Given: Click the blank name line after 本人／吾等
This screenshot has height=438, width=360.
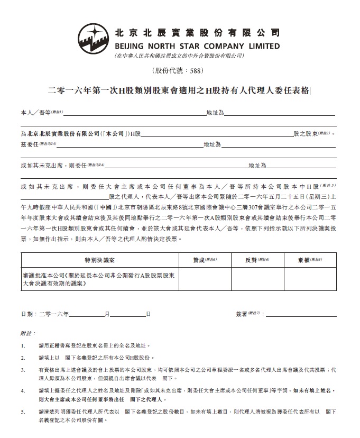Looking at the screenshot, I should (135, 113).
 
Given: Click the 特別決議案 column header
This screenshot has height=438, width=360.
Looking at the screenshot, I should (99, 260).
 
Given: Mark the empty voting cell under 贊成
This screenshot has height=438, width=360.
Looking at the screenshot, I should (205, 279).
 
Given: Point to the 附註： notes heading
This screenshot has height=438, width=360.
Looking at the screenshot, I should (28, 334).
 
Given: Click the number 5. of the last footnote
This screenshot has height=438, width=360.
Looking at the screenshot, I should (23, 412).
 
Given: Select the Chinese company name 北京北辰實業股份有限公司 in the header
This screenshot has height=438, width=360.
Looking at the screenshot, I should (197, 32).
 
